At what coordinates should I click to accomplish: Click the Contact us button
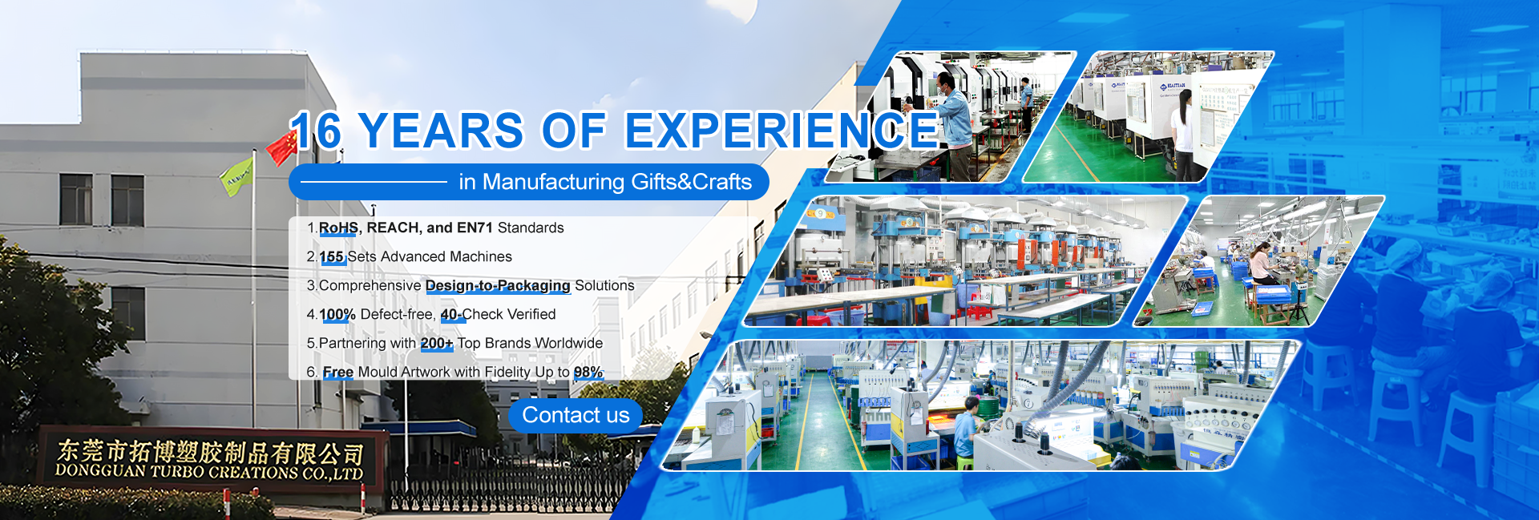(576, 416)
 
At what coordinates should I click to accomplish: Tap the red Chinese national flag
(282, 148)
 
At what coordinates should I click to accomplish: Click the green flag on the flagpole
(236, 176)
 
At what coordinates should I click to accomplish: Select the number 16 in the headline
(317, 131)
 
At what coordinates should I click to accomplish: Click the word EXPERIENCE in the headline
(782, 131)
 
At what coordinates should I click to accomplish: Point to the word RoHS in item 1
(338, 228)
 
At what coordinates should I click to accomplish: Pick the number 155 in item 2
(332, 256)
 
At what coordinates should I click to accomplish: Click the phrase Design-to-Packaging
(498, 285)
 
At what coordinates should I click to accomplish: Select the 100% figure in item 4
(337, 314)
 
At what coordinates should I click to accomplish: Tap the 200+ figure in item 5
(437, 343)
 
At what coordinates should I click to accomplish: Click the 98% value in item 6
(588, 372)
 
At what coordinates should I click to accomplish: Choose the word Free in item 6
(338, 372)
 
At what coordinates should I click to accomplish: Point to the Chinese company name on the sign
(211, 452)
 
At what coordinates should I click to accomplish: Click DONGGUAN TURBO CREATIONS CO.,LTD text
(209, 472)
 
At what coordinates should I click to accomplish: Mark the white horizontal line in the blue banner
(374, 182)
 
